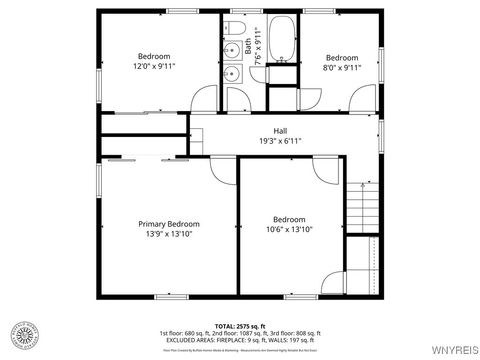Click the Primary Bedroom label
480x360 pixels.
[169, 224]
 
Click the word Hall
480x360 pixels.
[280, 130]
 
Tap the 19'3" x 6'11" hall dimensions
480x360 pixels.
[280, 141]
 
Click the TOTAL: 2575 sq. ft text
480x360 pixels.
[239, 325]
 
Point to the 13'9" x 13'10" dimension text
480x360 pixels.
[169, 235]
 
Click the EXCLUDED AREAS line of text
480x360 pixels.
[239, 340]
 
